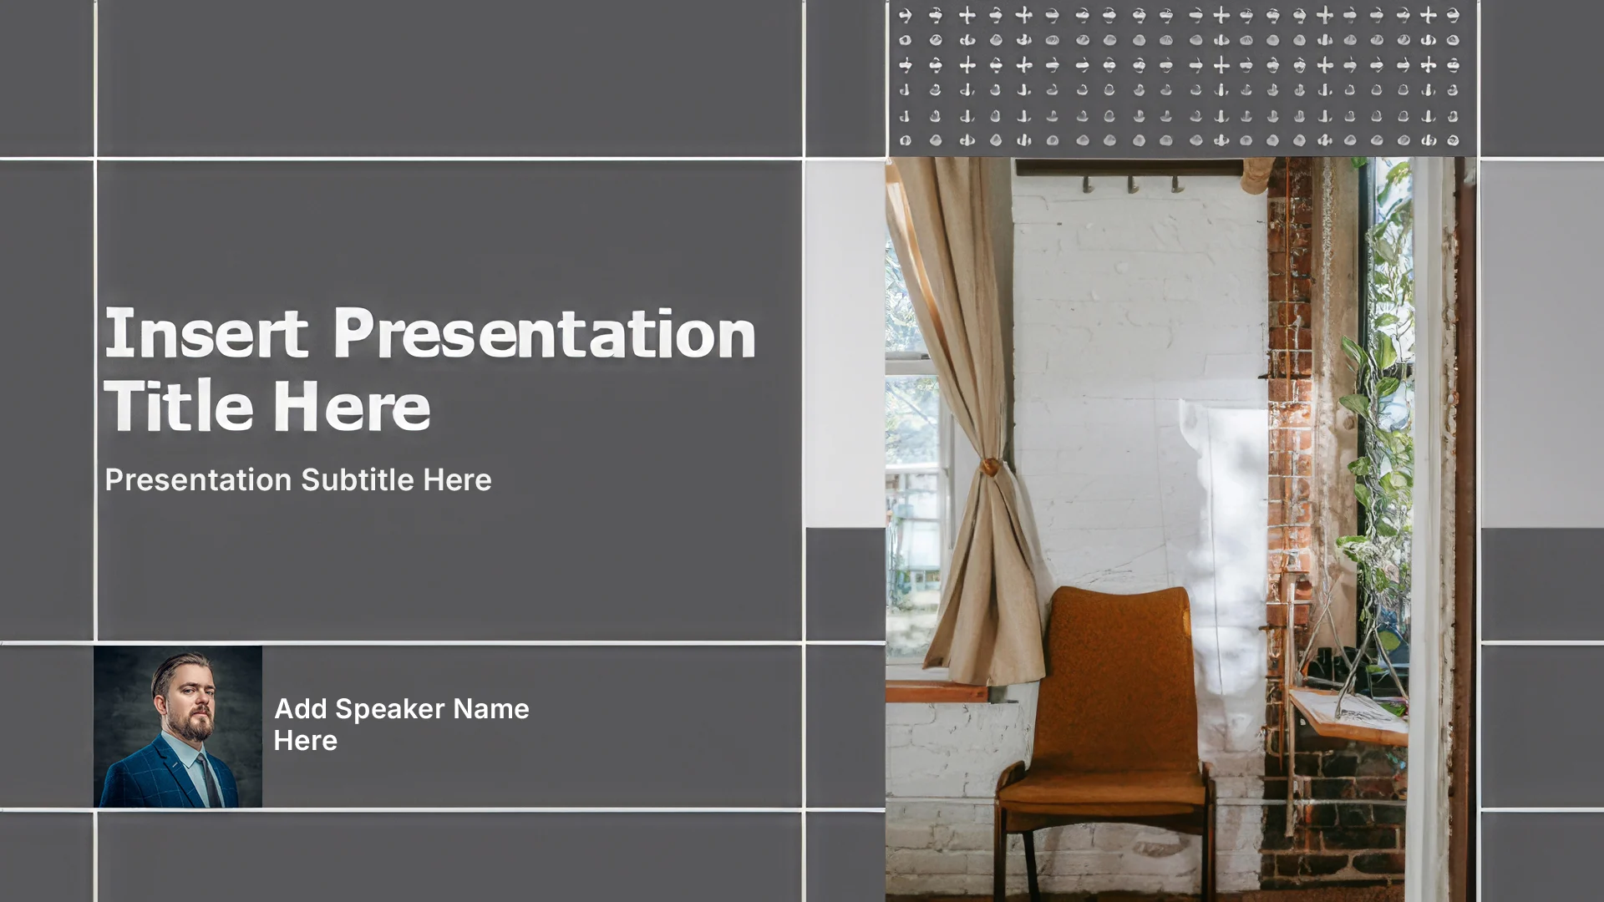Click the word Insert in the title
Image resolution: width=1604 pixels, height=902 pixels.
pyautogui.click(x=206, y=333)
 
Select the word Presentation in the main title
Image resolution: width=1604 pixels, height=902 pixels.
pyautogui.click(x=545, y=333)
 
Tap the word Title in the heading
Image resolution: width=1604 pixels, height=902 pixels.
pyautogui.click(x=179, y=405)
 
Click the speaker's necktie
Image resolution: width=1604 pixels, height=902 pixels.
pyautogui.click(x=208, y=778)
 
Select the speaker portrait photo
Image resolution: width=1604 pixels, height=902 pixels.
pyautogui.click(x=178, y=727)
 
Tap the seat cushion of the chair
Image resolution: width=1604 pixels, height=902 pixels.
pyautogui.click(x=1101, y=789)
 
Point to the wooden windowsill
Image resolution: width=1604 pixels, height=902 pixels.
pyautogui.click(x=937, y=691)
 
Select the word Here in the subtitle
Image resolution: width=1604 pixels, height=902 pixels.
pyautogui.click(x=457, y=480)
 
